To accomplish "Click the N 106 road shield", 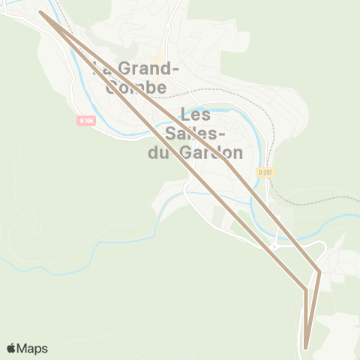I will pos(86,121).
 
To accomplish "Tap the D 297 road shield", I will pos(265,172).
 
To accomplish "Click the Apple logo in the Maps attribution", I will pos(11,348).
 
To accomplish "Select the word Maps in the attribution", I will pos(33,348).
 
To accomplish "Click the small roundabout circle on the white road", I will pos(275,246).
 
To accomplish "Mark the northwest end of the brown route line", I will pos(40,12).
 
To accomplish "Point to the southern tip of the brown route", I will pos(306,348).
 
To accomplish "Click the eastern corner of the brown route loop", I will pos(320,271).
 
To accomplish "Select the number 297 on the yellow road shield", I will pos(268,172).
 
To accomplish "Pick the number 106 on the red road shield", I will pos(89,121).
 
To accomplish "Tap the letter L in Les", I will pos(186,115).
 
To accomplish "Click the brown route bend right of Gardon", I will pos(226,159).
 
